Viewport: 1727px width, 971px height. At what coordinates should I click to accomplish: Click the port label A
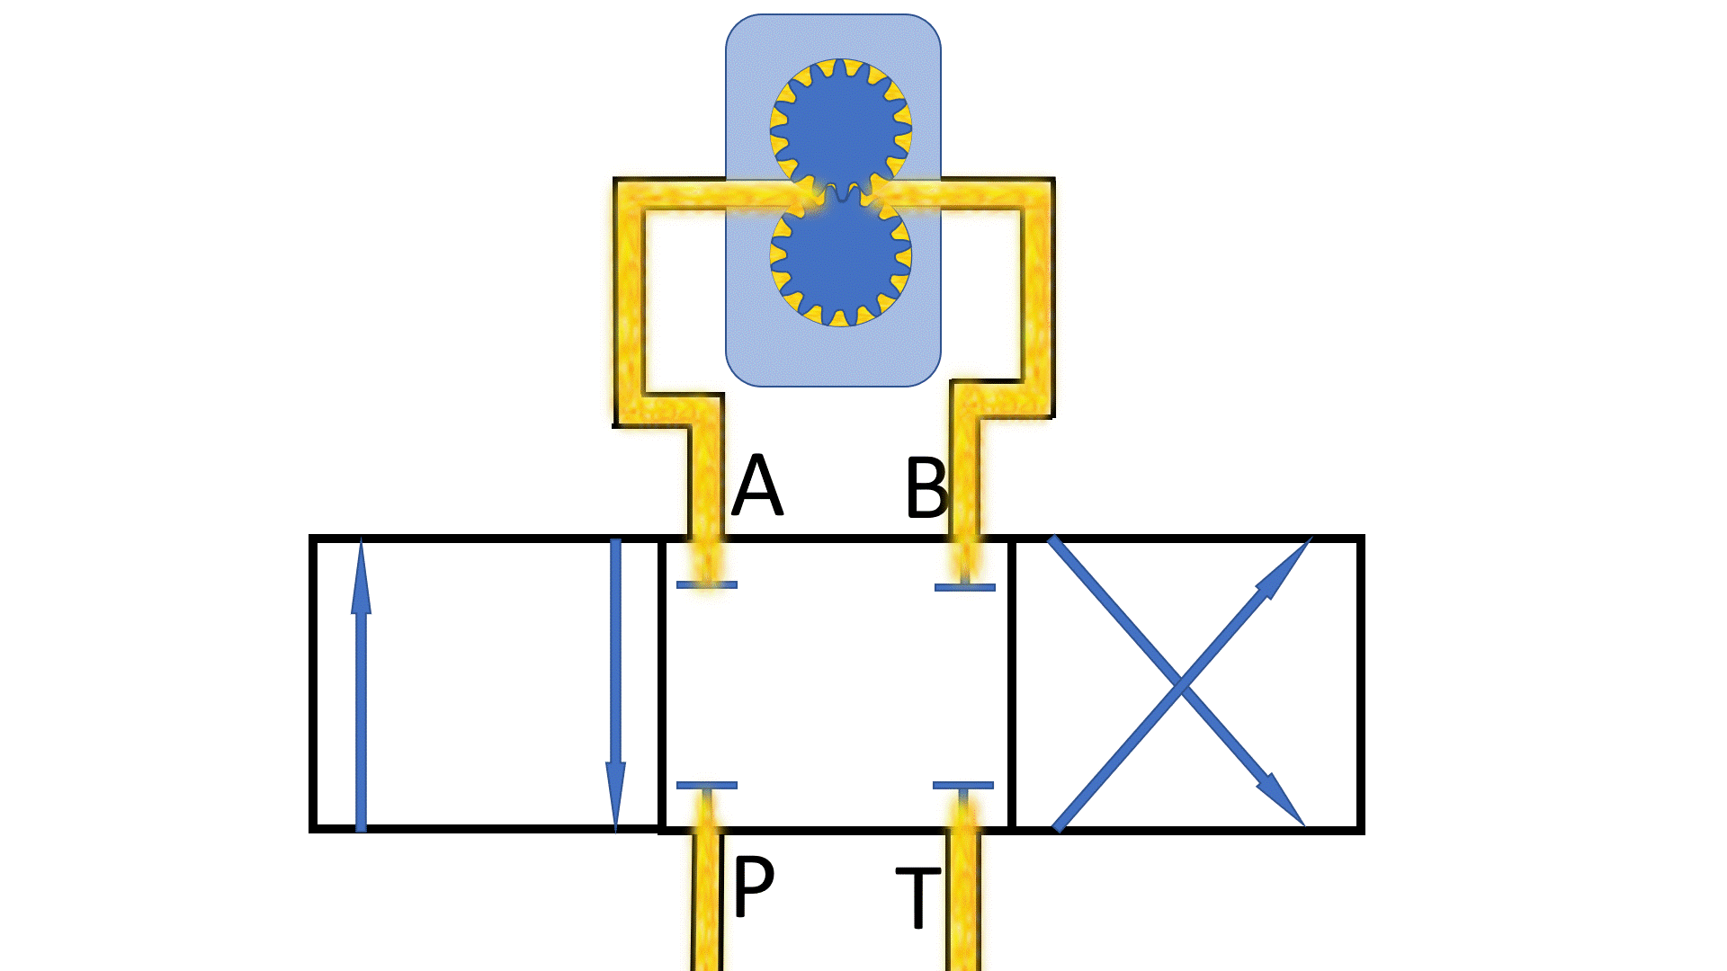[757, 485]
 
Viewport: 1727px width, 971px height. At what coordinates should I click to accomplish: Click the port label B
[926, 488]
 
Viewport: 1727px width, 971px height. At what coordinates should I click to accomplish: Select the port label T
[918, 896]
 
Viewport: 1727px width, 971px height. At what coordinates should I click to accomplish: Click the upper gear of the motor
[840, 129]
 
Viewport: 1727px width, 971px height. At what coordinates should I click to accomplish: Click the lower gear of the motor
[840, 258]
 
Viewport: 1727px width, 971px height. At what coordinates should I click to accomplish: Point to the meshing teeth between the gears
[841, 192]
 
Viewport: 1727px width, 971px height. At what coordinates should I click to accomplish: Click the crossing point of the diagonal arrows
[1180, 686]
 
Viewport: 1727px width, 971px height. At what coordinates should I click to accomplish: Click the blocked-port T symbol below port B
[965, 586]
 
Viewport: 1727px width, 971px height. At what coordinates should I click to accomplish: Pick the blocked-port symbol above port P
[707, 786]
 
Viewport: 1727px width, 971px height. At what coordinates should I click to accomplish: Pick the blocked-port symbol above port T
[963, 786]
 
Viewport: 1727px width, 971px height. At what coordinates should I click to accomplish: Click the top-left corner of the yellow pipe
[629, 194]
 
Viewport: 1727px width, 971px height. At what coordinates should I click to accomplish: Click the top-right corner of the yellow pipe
[1038, 194]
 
